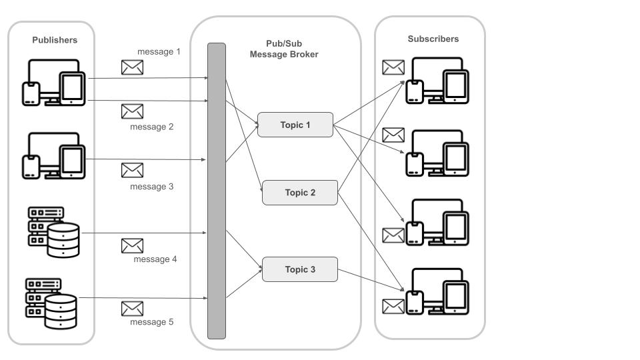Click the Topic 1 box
[x=295, y=125]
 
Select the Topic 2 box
[x=300, y=193]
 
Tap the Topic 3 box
[x=300, y=269]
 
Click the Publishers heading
[x=55, y=40]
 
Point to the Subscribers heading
[x=433, y=39]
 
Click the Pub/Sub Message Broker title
[x=284, y=49]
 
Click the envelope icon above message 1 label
[x=132, y=67]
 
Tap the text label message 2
[x=152, y=127]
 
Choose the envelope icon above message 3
[x=132, y=170]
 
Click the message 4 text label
[x=155, y=259]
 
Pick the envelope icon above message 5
[x=132, y=309]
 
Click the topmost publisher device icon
[x=54, y=83]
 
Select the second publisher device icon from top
[x=54, y=155]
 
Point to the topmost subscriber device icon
[x=437, y=81]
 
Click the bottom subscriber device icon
[x=437, y=291]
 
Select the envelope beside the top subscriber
[x=393, y=67]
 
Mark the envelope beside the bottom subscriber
[x=393, y=307]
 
